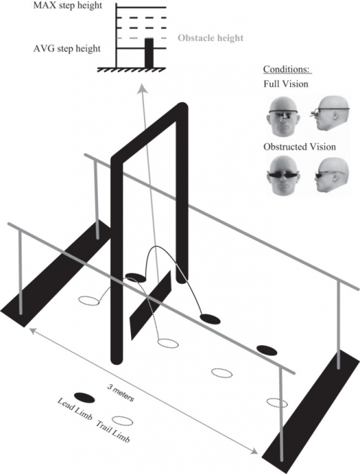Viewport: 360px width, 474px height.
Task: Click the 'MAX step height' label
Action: tap(68, 6)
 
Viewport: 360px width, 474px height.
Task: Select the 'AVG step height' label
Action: tap(67, 49)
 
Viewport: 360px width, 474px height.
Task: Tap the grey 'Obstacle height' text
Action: tap(210, 38)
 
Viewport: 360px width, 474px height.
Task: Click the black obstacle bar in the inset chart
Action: tap(149, 53)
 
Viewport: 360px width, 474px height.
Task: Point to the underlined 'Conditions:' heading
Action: tap(287, 69)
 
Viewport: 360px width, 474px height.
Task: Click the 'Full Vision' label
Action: tap(286, 83)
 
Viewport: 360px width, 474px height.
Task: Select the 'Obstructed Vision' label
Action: tap(300, 147)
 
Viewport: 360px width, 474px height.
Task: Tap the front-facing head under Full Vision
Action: tap(283, 117)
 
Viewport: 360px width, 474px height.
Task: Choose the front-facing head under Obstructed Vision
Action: tap(283, 176)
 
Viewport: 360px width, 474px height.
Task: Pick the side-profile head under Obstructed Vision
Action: tap(332, 175)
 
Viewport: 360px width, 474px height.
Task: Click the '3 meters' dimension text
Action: tap(120, 393)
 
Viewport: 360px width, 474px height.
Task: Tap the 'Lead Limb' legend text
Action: tap(74, 409)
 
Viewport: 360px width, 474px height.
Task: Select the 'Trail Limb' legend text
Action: tap(113, 432)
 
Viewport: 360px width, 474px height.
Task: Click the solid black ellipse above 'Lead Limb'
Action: tap(84, 398)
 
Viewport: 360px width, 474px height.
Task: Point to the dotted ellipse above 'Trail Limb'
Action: tap(122, 421)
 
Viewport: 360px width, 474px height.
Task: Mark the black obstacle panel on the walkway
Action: tap(150, 305)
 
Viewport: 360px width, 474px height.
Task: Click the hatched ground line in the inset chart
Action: tap(131, 70)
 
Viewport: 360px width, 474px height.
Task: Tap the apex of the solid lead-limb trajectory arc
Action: tap(156, 247)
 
